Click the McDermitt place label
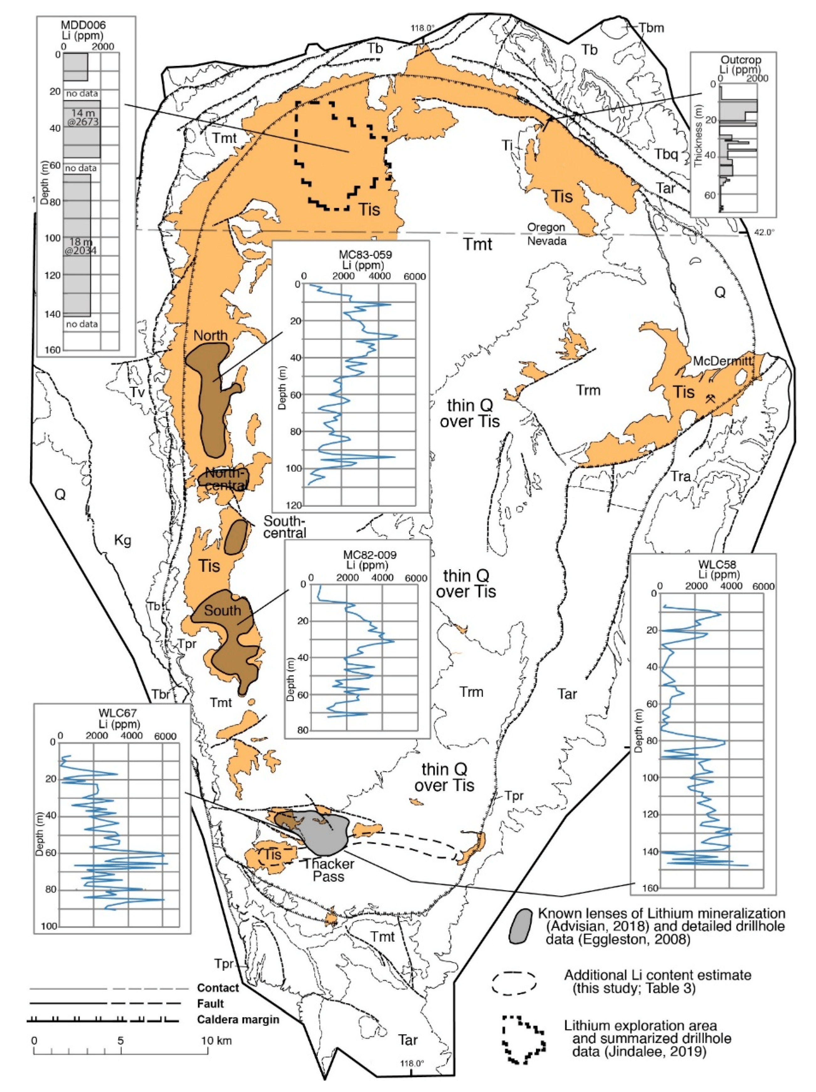(x=723, y=361)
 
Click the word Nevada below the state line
(x=547, y=241)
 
